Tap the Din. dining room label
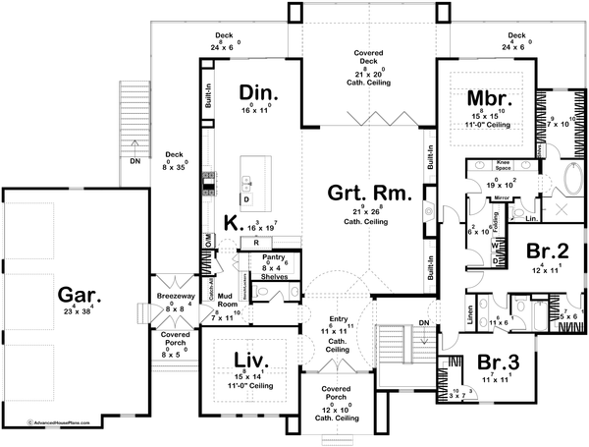(259, 93)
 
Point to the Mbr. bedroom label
(486, 99)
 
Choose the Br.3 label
(500, 361)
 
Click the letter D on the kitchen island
(247, 199)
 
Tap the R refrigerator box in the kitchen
(255, 242)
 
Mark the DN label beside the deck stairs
(134, 163)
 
